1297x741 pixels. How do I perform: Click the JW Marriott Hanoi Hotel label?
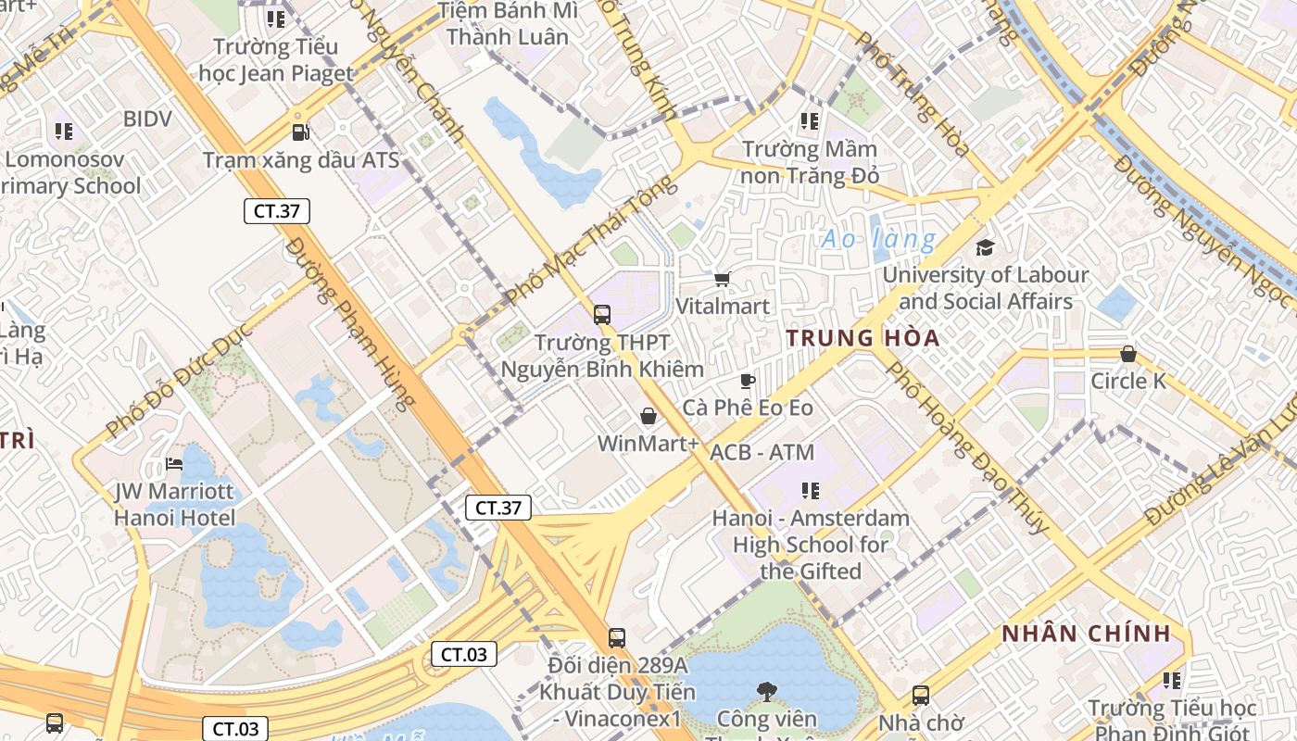175,504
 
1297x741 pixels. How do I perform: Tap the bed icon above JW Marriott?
174,463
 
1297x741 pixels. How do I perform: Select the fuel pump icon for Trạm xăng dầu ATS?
300,132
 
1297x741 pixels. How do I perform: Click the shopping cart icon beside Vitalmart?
722,279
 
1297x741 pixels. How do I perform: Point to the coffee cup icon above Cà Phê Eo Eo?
747,381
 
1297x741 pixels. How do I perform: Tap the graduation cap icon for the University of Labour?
985,247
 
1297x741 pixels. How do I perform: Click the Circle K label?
1127,381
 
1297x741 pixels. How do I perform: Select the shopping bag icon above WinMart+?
648,417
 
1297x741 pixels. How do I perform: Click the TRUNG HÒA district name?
863,338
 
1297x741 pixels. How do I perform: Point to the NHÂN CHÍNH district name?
1086,634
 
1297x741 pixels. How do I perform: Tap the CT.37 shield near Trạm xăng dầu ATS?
276,211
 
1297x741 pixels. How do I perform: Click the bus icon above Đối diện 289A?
616,637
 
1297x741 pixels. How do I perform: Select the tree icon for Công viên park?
765,690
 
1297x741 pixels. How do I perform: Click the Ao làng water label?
877,239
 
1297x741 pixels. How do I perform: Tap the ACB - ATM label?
762,453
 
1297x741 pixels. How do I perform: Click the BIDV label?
147,119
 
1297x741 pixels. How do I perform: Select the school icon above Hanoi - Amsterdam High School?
810,490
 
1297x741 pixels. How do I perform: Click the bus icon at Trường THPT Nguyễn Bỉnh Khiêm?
601,315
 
